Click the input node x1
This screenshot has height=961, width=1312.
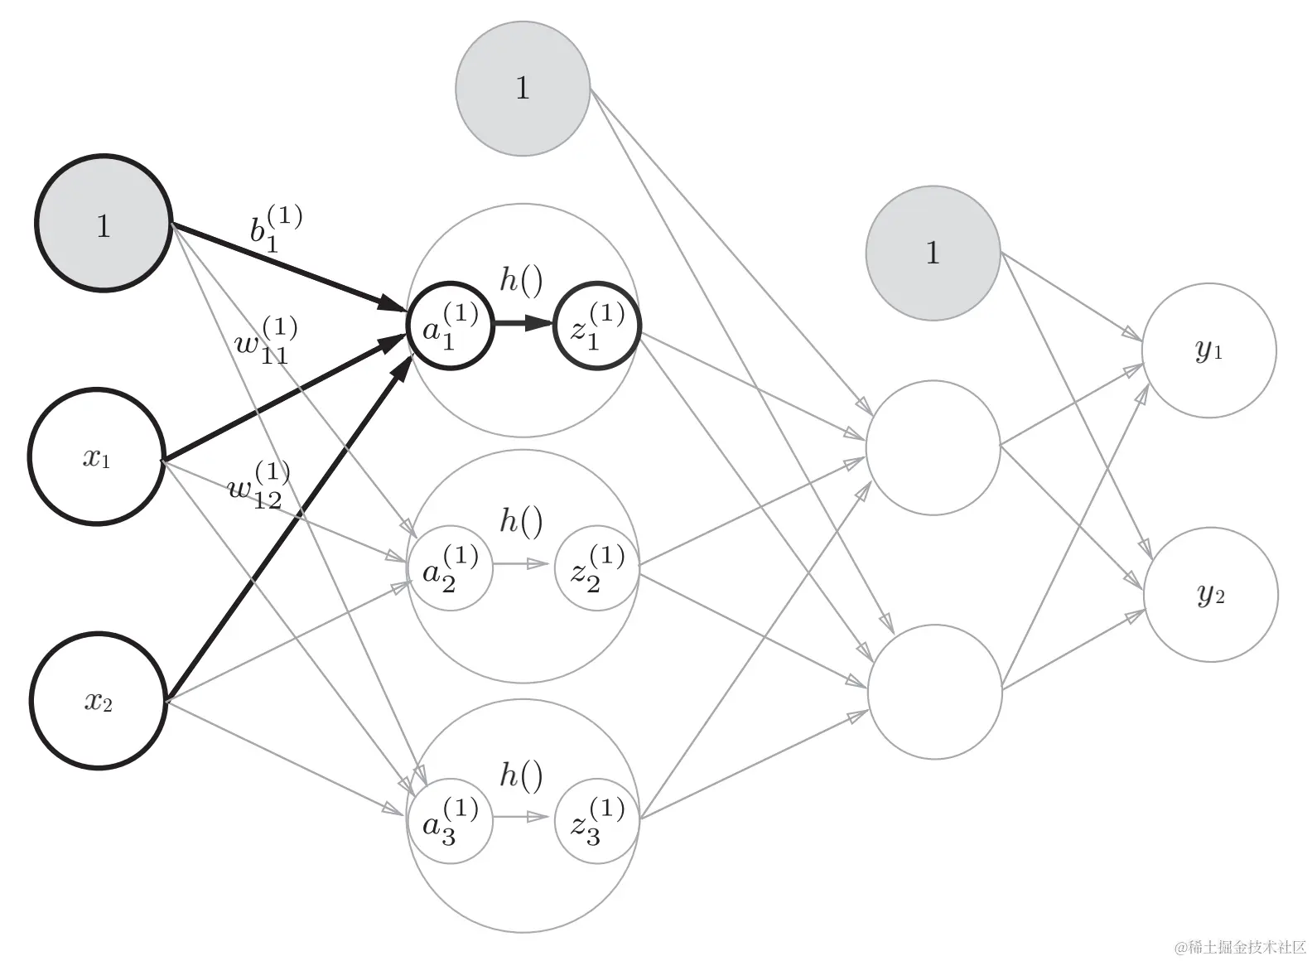coord(97,456)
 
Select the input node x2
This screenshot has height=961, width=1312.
coord(99,700)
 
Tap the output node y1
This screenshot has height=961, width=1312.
coord(1209,350)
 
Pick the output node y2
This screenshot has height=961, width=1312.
coord(1211,595)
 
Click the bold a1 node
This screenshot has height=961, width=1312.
coord(451,326)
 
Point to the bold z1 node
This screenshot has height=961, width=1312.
coord(597,326)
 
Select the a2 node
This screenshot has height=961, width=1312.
coord(451,567)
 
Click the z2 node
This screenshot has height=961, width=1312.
coord(597,567)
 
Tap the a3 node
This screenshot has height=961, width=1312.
coord(451,821)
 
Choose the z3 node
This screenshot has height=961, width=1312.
coord(597,821)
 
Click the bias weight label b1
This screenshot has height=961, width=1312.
coord(276,229)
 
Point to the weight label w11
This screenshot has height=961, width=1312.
coord(265,340)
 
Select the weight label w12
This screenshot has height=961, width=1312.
coord(258,485)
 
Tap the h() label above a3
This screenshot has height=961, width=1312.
coord(521,775)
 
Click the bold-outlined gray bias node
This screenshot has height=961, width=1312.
coord(104,223)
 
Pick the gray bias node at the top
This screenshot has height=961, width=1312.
coord(523,89)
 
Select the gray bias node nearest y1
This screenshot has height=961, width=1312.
coord(933,254)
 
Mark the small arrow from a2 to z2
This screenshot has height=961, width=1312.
coord(521,563)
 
